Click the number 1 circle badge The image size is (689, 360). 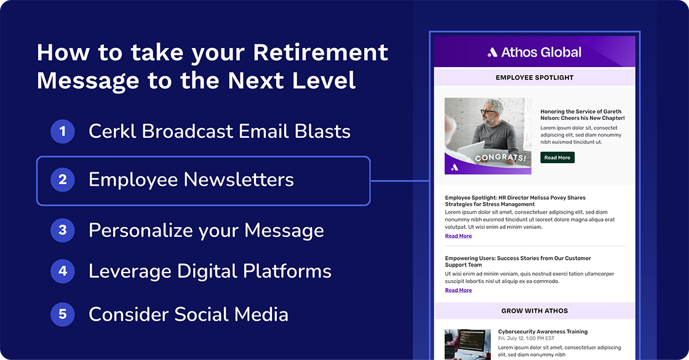click(x=62, y=131)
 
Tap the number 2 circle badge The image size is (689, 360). click(x=62, y=180)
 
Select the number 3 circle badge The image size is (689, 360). click(x=62, y=230)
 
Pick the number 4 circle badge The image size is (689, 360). click(x=62, y=271)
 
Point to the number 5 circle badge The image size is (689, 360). click(x=62, y=314)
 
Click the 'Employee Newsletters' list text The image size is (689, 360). click(x=191, y=180)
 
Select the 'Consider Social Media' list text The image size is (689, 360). click(x=188, y=314)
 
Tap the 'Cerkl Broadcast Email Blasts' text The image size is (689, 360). click(x=220, y=131)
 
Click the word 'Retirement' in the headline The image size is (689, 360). click(x=321, y=53)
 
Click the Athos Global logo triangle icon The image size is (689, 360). click(x=492, y=53)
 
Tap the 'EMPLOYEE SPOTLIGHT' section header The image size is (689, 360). click(x=534, y=78)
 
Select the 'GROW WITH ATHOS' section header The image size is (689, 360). click(x=534, y=311)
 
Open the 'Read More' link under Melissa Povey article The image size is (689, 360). click(x=458, y=236)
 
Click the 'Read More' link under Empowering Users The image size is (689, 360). click(x=458, y=290)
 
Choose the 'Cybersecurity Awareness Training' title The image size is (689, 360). click(x=543, y=332)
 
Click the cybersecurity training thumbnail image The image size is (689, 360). click(x=467, y=344)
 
